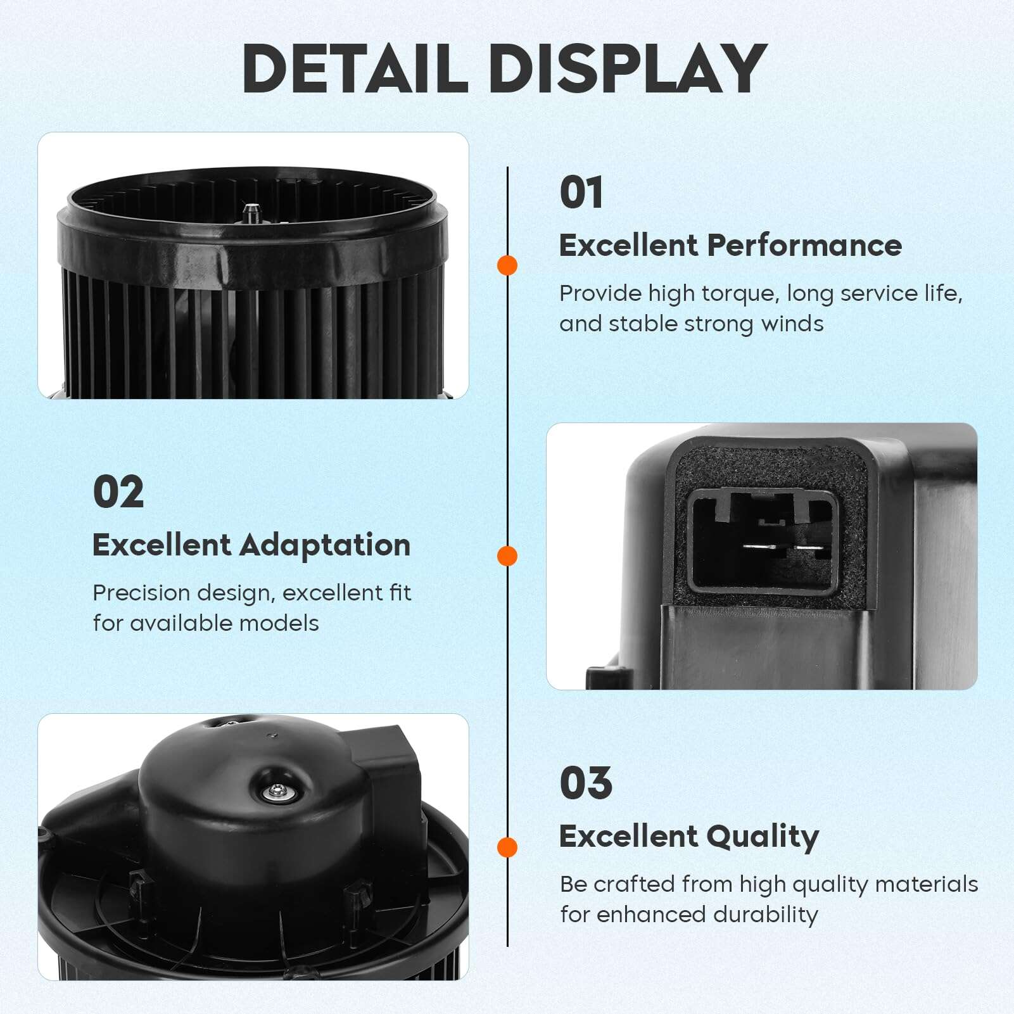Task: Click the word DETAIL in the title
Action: coord(355,68)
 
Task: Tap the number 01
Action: coord(581,193)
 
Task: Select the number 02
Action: coord(118,492)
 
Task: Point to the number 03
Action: coord(586,783)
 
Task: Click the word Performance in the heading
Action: coord(804,245)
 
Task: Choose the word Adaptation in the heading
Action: coord(325,545)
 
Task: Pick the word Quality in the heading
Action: coord(763,837)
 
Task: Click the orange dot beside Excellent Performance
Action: coord(507,265)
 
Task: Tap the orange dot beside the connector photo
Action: coord(507,556)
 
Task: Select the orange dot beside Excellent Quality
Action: coord(507,847)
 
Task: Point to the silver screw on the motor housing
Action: coord(277,790)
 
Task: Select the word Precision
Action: coord(141,593)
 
